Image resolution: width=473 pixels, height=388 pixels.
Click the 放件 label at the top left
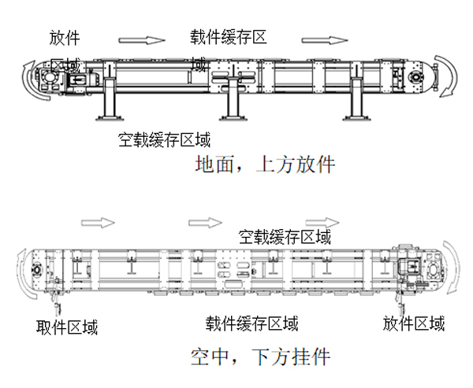pyautogui.click(x=64, y=37)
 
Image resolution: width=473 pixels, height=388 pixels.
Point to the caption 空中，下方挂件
pyautogui.click(x=260, y=357)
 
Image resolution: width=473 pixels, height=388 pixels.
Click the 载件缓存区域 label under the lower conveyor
pyautogui.click(x=252, y=323)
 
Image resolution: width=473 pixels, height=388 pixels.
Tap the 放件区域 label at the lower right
pyautogui.click(x=413, y=323)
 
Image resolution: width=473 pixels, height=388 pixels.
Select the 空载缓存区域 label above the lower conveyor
pyautogui.click(x=285, y=236)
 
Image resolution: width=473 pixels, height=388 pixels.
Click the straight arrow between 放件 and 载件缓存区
pyautogui.click(x=142, y=39)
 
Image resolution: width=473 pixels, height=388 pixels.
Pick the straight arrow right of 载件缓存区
pyautogui.click(x=324, y=39)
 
